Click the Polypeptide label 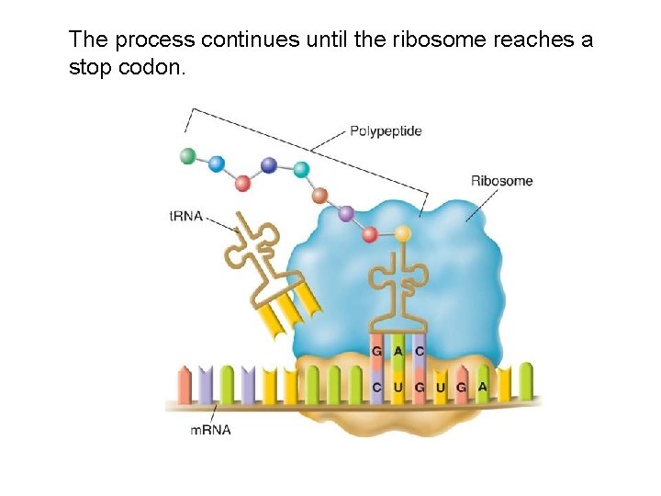[x=386, y=131]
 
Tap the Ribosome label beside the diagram [x=501, y=181]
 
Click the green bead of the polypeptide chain [x=189, y=156]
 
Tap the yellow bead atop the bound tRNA [x=402, y=233]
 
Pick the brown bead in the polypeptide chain [x=320, y=195]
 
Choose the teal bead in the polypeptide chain [x=300, y=169]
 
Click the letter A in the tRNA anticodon [x=398, y=350]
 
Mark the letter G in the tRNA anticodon [x=376, y=350]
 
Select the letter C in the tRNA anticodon [x=419, y=350]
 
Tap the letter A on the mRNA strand [x=482, y=387]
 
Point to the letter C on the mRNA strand [x=376, y=388]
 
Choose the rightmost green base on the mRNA [x=525, y=380]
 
